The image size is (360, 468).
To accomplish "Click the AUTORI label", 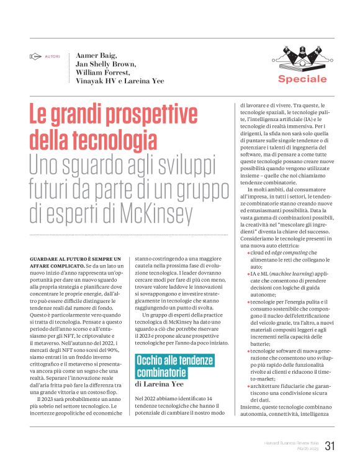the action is click(53, 56).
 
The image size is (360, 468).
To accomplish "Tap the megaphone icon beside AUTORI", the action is click(36, 56).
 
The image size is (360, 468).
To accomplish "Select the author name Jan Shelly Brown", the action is click(107, 64).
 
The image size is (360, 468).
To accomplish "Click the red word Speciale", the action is click(302, 79).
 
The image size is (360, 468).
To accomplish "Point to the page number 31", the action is click(330, 445).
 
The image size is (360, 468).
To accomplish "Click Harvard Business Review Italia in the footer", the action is click(288, 443).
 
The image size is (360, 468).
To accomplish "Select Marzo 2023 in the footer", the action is click(305, 449).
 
